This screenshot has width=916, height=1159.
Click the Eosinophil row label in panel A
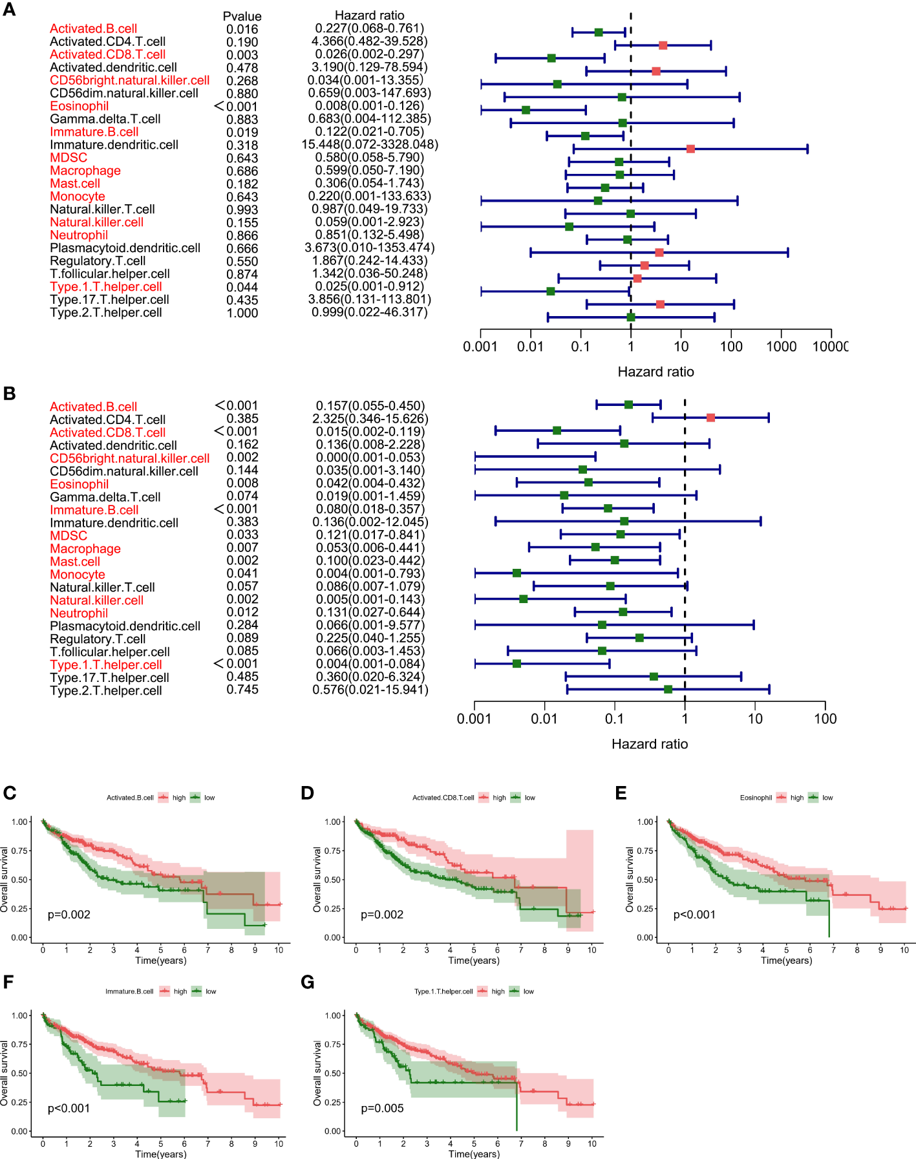79,106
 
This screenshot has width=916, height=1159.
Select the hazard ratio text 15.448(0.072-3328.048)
370,145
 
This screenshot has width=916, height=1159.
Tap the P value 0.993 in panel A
242,209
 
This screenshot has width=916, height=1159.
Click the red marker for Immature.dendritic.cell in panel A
690,149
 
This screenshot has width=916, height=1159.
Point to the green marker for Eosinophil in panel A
526,110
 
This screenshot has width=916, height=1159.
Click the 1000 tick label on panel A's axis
781,346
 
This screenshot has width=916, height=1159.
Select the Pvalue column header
242,16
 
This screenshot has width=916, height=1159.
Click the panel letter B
9,393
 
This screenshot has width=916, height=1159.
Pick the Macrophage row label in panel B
85,549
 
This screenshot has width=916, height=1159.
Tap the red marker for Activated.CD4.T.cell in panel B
710,418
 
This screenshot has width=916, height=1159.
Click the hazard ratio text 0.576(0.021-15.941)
370,690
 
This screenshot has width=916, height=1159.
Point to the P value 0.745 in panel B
242,690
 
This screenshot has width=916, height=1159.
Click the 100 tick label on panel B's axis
825,719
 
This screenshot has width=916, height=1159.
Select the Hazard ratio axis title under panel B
649,744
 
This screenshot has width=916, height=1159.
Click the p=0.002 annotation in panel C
69,915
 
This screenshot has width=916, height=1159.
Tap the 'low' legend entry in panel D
529,798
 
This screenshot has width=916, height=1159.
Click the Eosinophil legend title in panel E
756,798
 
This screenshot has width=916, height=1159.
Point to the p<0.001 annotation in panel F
69,1109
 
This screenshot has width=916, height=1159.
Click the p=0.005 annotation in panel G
382,1109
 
